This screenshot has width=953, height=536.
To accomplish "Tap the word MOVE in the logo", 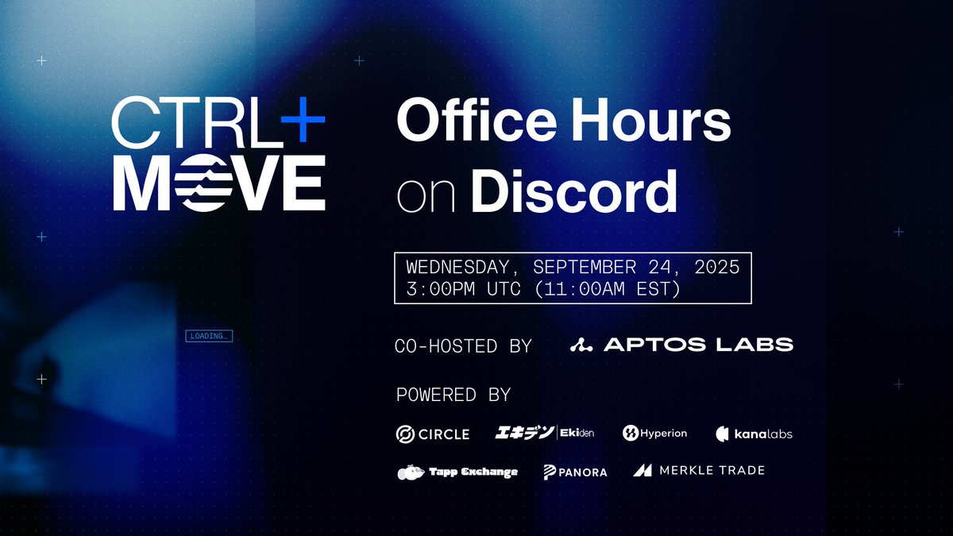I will coord(219,183).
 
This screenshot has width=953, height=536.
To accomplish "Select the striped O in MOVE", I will coord(192,183).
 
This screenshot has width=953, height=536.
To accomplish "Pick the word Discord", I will coord(574,191).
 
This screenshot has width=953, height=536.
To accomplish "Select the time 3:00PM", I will coord(440,289).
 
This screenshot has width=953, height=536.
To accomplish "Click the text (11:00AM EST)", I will coord(608,289).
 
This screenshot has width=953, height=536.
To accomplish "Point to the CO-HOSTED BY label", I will coord(463,345).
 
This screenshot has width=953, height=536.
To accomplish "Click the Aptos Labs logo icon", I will coord(581,345).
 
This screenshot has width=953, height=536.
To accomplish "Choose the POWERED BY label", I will coord(453,395).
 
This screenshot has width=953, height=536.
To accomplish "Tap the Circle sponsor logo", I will coord(433,434).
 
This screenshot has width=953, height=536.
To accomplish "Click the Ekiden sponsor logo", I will coord(544,433).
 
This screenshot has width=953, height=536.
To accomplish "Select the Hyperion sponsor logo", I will coord(654,433).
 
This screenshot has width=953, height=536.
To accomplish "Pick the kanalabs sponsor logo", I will coord(754,434).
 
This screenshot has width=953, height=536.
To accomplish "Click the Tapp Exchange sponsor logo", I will coord(457,472).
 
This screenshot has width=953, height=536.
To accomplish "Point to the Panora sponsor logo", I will coord(575,472).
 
